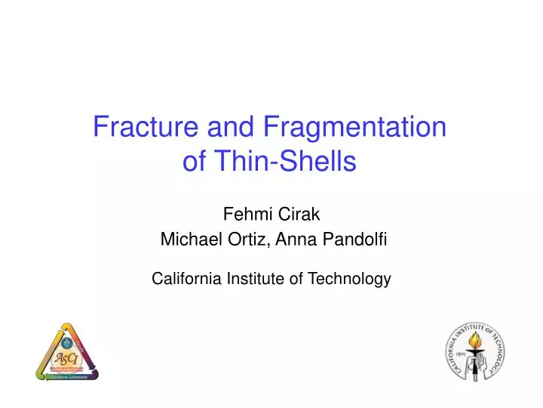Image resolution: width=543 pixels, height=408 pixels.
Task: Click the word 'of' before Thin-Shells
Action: tap(195, 161)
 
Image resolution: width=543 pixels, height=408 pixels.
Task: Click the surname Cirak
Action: tap(299, 215)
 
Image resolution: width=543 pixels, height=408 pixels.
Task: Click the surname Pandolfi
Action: tap(356, 240)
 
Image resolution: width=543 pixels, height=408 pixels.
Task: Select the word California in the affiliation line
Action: tap(184, 279)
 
